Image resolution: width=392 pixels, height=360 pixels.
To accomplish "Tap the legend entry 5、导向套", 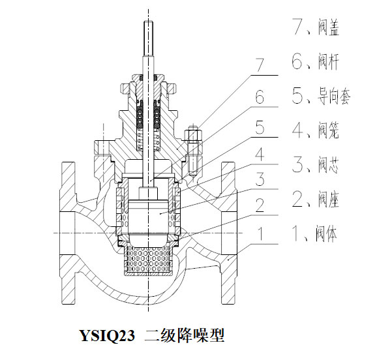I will click(322, 97).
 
